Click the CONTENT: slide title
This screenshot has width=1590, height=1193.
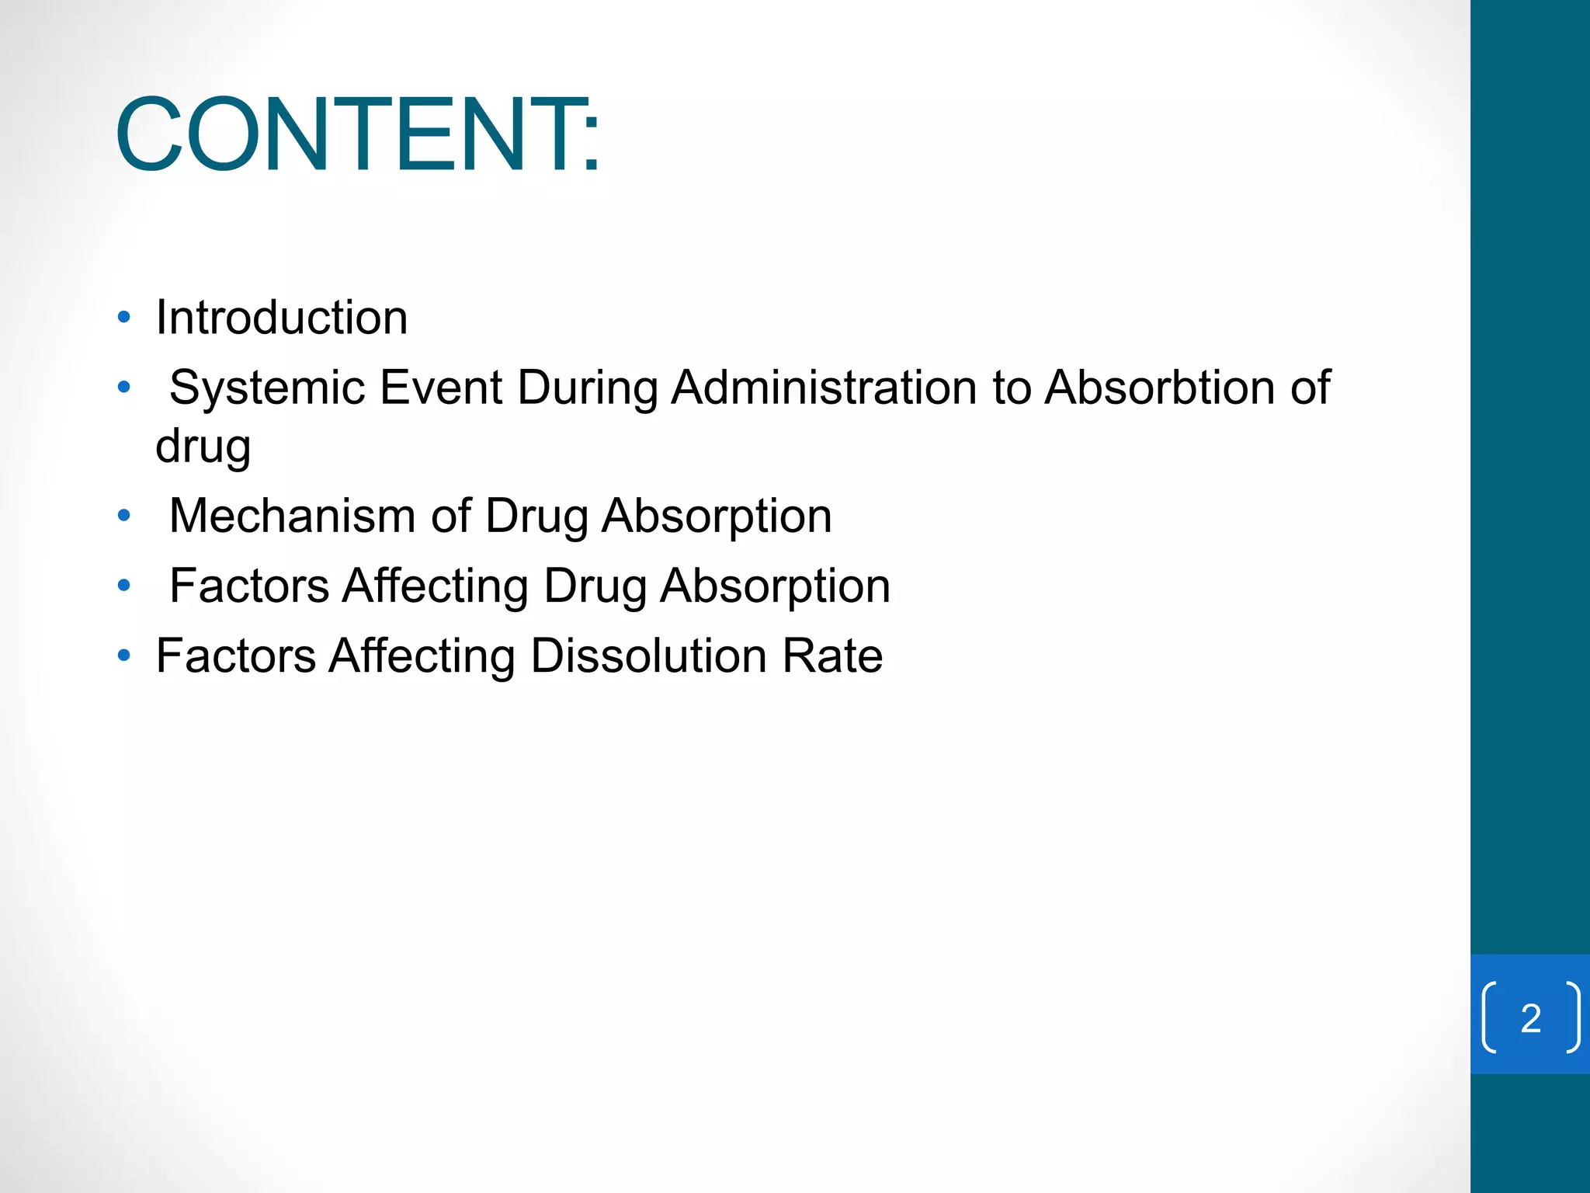pos(357,134)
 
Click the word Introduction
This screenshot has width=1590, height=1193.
pos(281,318)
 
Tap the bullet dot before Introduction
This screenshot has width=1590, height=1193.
pos(124,317)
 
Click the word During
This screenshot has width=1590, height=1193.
pos(587,387)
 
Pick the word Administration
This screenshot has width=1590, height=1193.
pos(824,387)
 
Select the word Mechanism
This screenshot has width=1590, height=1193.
pos(293,515)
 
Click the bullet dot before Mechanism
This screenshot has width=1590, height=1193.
pos(124,515)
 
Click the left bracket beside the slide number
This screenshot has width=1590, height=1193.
pos(1490,1017)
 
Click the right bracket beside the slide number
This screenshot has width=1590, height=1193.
pos(1572,1017)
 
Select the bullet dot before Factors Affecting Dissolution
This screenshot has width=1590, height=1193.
pos(124,656)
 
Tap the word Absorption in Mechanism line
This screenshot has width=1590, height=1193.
pos(717,517)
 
